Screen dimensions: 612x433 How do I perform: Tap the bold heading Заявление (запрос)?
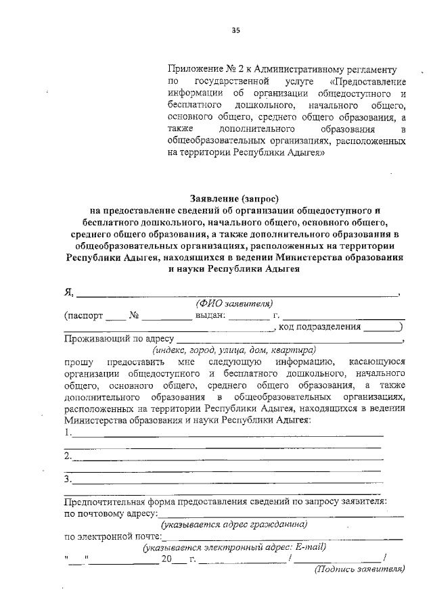click(x=235, y=197)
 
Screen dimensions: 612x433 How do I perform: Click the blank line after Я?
click(x=237, y=293)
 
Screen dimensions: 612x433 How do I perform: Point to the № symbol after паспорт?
click(x=134, y=315)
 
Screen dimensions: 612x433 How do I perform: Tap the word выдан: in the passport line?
click(x=210, y=315)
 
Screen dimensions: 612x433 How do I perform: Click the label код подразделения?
click(x=318, y=327)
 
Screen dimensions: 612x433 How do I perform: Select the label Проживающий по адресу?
click(x=119, y=339)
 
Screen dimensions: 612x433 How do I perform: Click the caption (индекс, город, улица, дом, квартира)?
click(x=234, y=351)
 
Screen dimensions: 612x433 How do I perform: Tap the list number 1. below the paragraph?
click(x=67, y=433)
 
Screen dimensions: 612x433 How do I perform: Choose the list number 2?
click(x=67, y=456)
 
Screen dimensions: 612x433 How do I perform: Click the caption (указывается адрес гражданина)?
click(x=234, y=525)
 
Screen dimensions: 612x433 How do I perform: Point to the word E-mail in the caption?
click(x=312, y=547)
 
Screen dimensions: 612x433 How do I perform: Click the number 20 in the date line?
click(x=167, y=559)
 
